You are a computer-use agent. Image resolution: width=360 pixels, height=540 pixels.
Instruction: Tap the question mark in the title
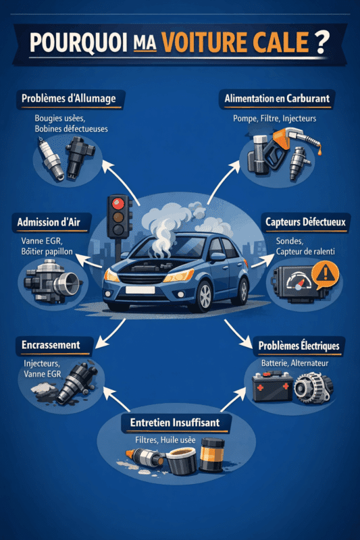tap(322, 42)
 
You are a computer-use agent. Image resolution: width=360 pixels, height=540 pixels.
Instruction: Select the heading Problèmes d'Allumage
tap(68, 99)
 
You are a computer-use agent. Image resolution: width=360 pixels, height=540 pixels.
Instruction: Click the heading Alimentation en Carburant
tap(277, 99)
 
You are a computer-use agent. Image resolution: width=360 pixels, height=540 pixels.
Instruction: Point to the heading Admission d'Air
tap(49, 222)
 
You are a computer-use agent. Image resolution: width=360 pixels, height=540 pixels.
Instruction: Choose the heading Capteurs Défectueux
tap(305, 222)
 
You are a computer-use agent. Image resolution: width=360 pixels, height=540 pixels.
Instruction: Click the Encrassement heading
tap(51, 345)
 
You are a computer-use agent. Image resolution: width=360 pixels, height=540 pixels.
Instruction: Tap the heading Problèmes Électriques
tap(299, 346)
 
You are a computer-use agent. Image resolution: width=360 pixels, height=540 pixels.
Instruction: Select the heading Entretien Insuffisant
tap(175, 423)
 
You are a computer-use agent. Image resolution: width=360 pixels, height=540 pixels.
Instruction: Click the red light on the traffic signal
tap(118, 204)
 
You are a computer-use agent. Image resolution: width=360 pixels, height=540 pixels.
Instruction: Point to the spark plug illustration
tap(50, 158)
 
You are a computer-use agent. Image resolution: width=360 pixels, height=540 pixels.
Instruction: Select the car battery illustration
tap(272, 386)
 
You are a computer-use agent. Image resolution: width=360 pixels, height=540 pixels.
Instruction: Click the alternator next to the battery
tap(313, 387)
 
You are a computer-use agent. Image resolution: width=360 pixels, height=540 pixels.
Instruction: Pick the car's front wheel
tap(205, 296)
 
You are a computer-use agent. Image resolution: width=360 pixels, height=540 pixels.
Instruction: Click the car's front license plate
tap(140, 290)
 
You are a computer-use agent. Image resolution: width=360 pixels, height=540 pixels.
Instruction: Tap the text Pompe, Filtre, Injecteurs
tap(275, 119)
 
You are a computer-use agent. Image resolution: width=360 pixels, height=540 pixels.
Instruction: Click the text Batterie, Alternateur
tap(294, 363)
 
